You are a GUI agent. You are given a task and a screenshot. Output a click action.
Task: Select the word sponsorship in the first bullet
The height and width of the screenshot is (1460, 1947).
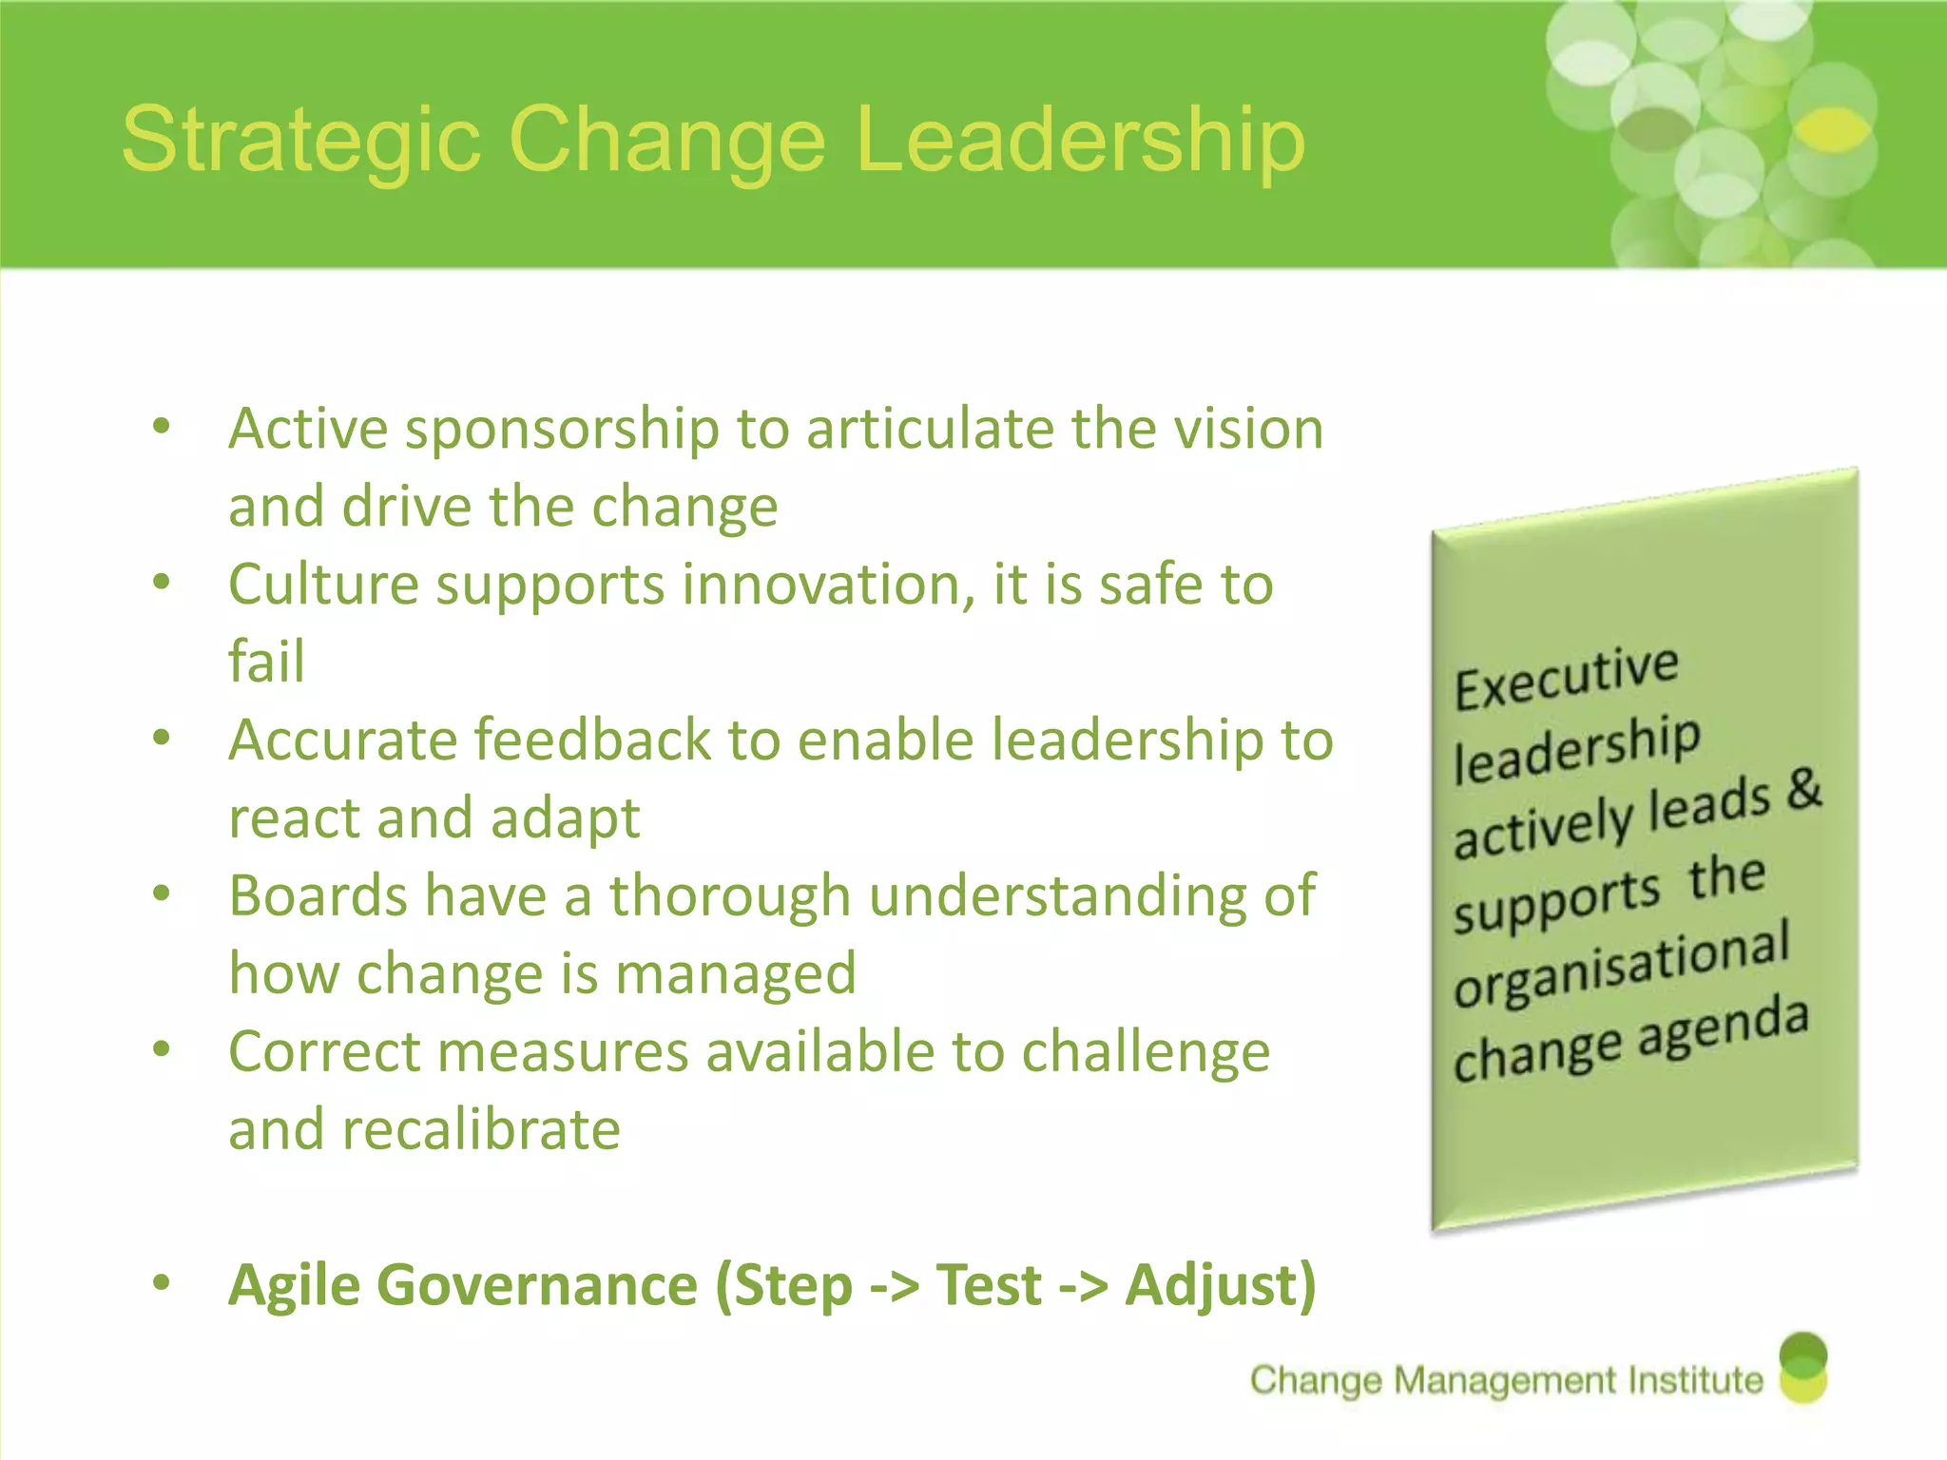click(x=562, y=430)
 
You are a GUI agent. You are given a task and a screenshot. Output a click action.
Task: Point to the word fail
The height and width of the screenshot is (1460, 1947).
click(x=266, y=661)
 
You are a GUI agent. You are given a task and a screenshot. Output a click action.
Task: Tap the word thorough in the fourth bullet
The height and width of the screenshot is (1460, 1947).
click(x=729, y=895)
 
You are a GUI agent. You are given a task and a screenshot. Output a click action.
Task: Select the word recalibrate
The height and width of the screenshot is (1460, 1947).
click(x=481, y=1129)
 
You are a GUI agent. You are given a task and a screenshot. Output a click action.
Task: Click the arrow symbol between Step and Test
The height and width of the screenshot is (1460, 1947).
click(x=894, y=1287)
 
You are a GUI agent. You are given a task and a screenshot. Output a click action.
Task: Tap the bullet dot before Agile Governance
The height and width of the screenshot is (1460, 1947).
click(x=162, y=1282)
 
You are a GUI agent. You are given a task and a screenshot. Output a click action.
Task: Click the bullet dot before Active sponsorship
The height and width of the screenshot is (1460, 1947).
click(x=162, y=426)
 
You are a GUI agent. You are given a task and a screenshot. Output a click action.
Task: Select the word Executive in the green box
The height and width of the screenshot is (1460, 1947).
click(x=1566, y=676)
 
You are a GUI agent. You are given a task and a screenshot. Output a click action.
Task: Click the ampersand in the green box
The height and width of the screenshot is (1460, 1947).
click(x=1803, y=788)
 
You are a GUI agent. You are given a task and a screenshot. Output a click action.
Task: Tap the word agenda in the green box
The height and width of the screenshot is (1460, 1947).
click(x=1723, y=1028)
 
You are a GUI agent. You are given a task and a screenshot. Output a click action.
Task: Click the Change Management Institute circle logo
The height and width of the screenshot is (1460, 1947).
click(x=1802, y=1368)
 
